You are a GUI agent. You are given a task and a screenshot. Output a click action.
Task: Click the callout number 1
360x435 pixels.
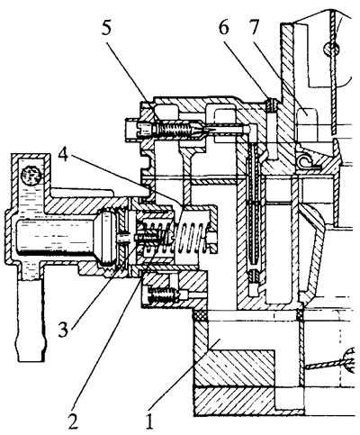[x=149, y=421]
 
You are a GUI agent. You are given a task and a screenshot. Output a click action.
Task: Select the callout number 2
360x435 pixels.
[x=73, y=421]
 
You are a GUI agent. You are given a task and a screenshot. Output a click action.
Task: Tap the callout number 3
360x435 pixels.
[x=64, y=330]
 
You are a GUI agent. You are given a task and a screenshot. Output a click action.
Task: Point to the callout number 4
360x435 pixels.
[x=64, y=155]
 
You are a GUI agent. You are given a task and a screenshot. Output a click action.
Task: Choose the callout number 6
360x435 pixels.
[x=224, y=28]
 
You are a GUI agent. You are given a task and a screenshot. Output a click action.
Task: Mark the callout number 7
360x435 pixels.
[x=254, y=28]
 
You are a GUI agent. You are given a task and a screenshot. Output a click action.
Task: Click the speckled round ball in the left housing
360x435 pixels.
[x=31, y=175]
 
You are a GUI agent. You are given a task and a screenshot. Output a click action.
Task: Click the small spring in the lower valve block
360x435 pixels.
[x=162, y=295]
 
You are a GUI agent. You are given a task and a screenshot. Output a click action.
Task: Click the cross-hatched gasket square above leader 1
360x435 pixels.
[x=200, y=316]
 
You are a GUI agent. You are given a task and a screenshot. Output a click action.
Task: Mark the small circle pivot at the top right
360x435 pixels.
[x=331, y=48]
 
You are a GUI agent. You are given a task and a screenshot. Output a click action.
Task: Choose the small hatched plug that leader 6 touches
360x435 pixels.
[x=271, y=104]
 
